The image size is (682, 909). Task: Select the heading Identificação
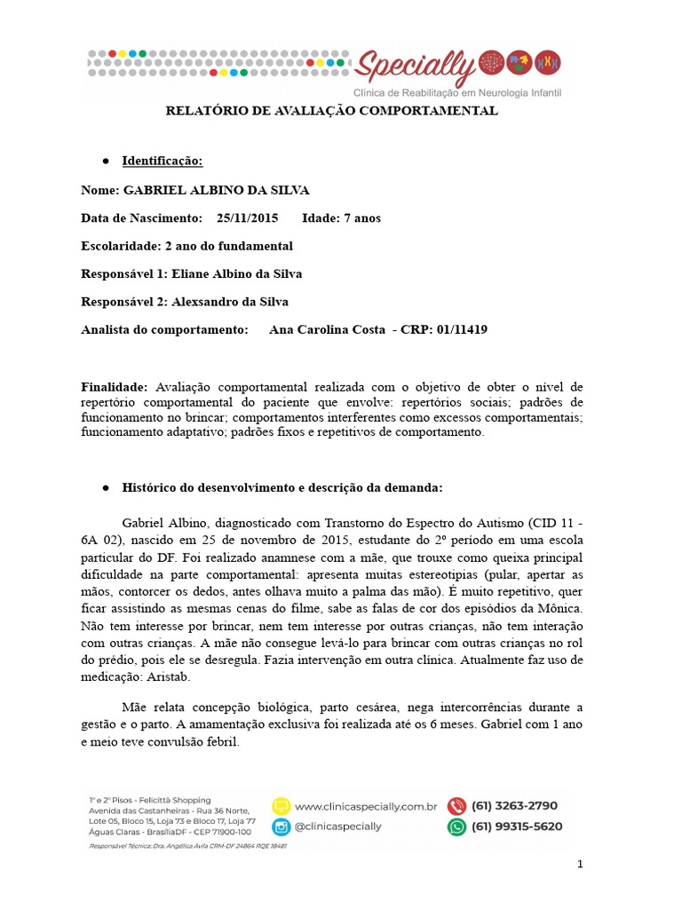tap(163, 161)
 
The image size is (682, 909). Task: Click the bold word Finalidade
tap(114, 387)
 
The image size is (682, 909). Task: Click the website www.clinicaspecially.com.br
tap(365, 807)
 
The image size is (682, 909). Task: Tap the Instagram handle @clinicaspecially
tap(337, 826)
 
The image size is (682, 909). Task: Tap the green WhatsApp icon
tap(456, 826)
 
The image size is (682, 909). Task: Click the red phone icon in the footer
tap(456, 806)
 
